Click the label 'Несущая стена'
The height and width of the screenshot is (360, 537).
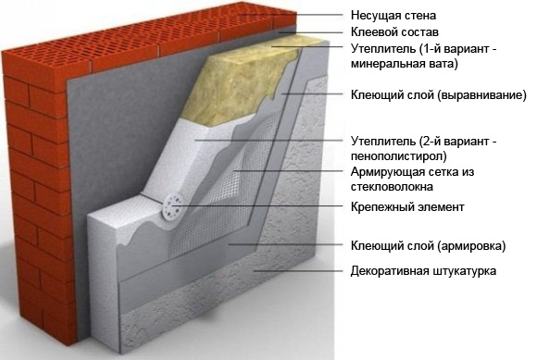tap(393, 16)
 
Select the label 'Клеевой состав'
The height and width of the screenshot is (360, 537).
tap(394, 32)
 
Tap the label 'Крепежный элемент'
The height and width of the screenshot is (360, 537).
tap(407, 207)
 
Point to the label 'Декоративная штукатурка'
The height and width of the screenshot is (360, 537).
tap(423, 271)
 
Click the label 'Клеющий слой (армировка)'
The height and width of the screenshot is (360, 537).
tap(428, 246)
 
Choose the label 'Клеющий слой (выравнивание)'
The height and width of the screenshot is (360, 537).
tap(438, 94)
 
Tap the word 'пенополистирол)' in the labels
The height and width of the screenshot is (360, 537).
tap(399, 156)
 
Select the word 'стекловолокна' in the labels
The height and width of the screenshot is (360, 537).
tap(392, 187)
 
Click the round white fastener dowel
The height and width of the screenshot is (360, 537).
tap(172, 207)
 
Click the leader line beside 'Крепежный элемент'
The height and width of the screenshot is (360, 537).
tap(259, 206)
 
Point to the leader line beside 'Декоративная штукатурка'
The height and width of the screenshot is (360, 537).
tap(298, 270)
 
